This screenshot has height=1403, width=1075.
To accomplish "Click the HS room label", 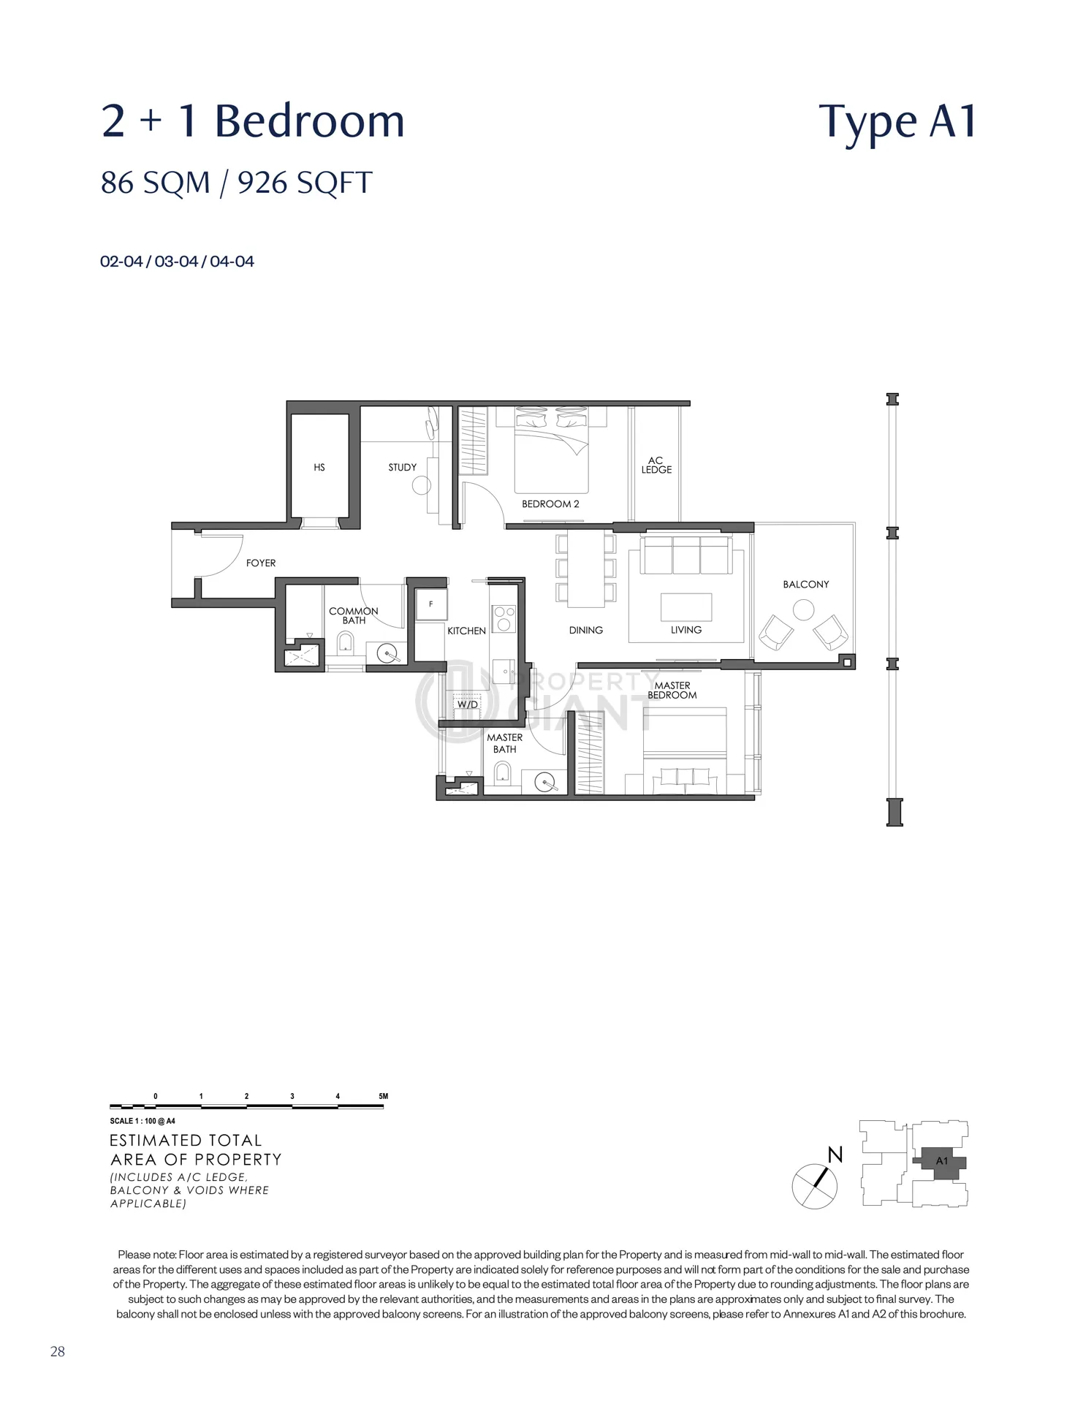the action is [319, 468].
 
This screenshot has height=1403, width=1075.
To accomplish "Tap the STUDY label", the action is [403, 468].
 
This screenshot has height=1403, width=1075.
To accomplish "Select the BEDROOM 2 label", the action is [550, 504].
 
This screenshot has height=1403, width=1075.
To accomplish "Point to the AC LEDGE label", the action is [656, 465].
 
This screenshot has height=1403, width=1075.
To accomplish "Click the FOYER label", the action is [261, 563].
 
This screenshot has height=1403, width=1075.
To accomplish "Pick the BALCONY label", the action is [806, 585].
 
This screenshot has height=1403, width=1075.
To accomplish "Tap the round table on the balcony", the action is [804, 610].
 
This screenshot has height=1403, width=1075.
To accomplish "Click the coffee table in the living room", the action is [686, 607].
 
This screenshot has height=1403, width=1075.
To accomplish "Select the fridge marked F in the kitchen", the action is [430, 605].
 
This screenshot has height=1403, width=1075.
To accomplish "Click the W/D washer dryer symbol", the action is [467, 705].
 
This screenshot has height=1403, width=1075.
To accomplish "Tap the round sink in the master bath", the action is [544, 783].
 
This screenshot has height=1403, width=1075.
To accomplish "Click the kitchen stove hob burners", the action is [504, 619].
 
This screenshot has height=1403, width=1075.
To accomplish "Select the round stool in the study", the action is [422, 485].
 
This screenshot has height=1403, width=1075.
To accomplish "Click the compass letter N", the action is [835, 1155].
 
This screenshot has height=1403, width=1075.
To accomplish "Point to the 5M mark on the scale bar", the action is [384, 1097].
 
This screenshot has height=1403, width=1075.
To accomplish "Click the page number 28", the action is [58, 1352].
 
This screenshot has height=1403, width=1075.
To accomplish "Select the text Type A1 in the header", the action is [898, 121].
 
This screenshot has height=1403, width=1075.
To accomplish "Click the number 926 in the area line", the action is [262, 183].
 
